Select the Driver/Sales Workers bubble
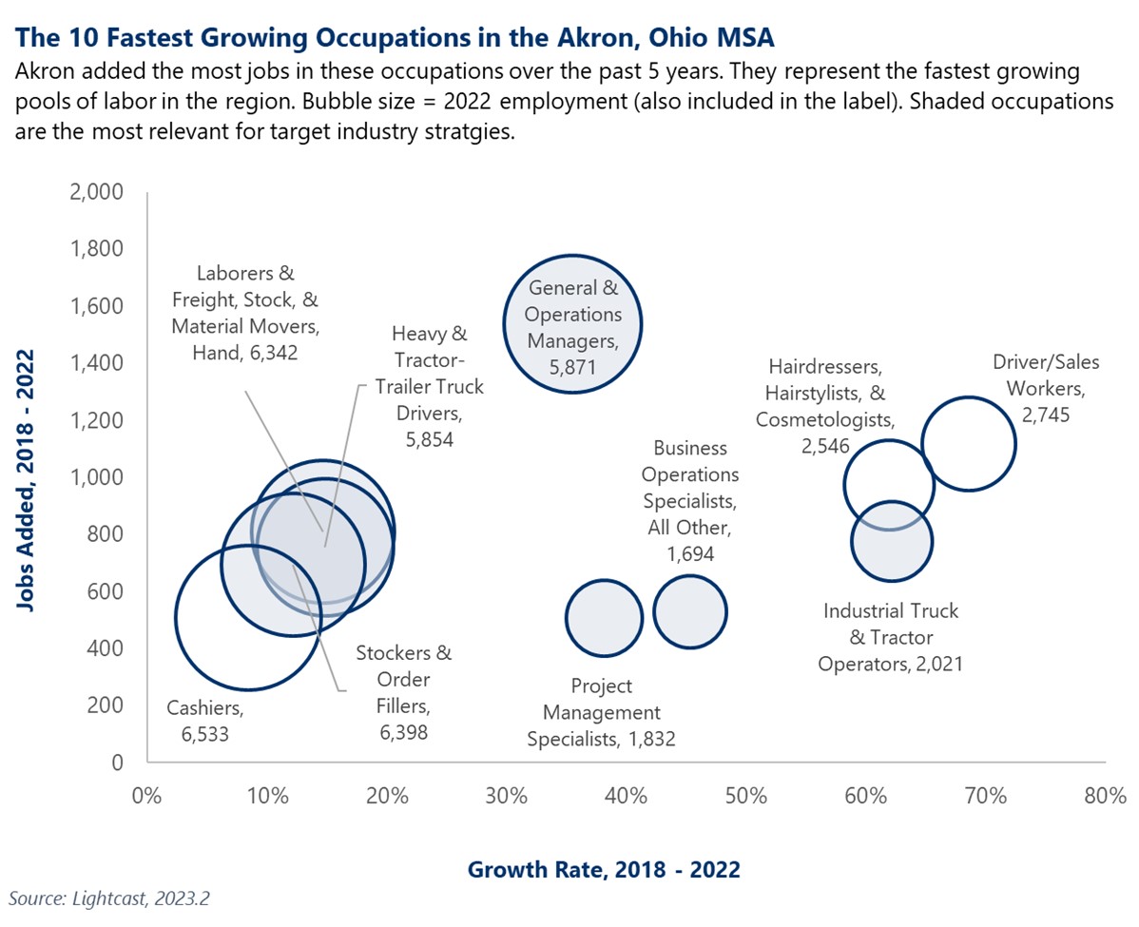pos(968,443)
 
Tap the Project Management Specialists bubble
pos(604,617)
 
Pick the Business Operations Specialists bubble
pos(690,611)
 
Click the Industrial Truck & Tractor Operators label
pos(890,637)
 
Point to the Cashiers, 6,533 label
pos(205,720)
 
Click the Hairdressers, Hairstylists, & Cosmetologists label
pos(824,406)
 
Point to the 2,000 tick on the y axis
pos(97,192)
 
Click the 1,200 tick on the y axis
pos(97,420)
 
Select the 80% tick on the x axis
pos(1105,795)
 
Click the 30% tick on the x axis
pos(505,795)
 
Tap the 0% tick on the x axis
pos(145,795)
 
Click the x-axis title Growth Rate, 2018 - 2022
pos(604,868)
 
